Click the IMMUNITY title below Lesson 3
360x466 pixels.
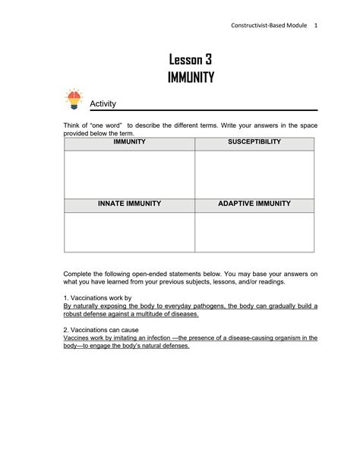[x=191, y=77]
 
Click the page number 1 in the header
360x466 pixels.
[x=315, y=25]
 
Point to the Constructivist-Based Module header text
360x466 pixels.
[x=270, y=25]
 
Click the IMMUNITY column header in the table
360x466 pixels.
[x=129, y=142]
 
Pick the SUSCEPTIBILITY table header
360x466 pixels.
[x=254, y=142]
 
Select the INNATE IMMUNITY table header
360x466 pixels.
[x=129, y=204]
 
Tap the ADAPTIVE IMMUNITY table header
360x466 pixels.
[x=254, y=204]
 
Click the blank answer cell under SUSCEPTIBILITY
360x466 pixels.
[x=254, y=174]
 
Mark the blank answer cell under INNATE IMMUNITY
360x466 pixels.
[x=129, y=231]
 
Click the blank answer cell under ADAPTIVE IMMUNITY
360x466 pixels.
[x=254, y=231]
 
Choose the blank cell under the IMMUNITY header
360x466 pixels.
[x=129, y=174]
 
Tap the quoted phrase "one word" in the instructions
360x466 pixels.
[x=107, y=125]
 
